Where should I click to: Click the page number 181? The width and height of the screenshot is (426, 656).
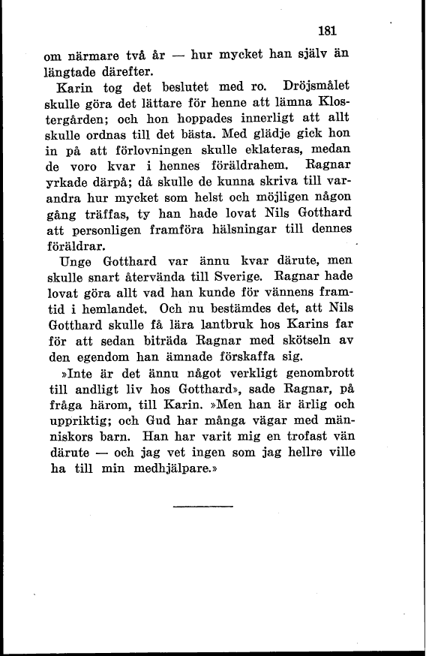tap(326, 32)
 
